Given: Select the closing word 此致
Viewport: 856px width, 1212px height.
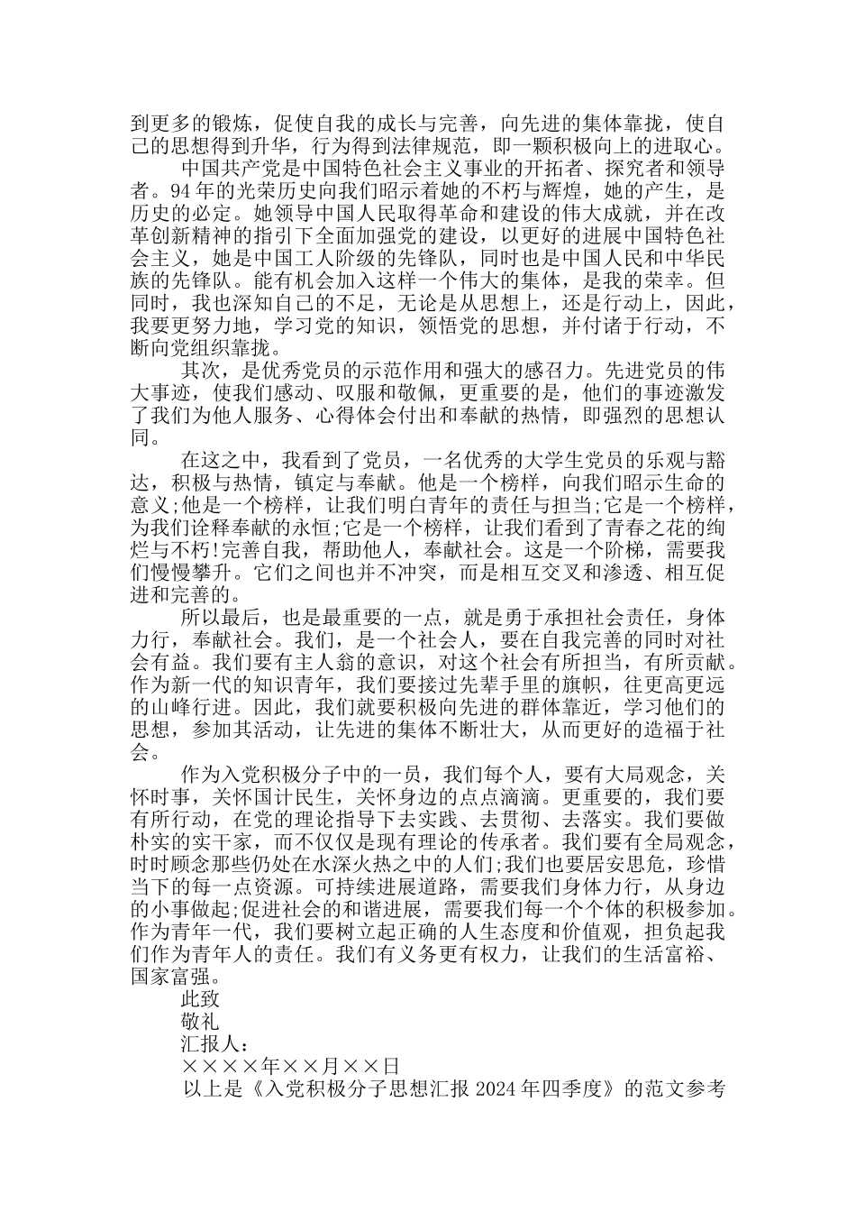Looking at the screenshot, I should (x=200, y=999).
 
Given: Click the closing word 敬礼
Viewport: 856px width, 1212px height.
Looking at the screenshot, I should (x=200, y=1022).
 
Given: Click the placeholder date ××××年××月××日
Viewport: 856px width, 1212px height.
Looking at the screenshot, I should (x=290, y=1067).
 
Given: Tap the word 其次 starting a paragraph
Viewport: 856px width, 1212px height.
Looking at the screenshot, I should (x=200, y=371).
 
